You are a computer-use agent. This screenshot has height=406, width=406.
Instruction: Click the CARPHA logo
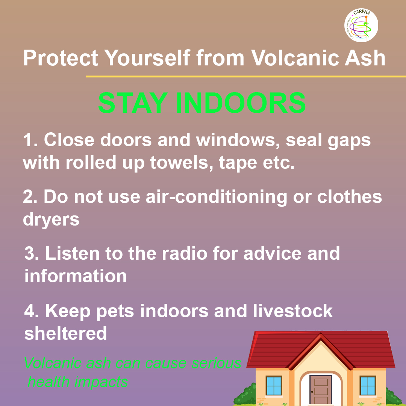point(361,25)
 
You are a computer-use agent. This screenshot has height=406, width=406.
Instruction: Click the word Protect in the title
point(61,58)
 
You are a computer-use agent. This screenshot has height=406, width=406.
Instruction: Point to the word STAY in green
point(133,103)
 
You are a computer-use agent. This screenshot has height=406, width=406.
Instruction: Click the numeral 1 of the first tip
point(28,140)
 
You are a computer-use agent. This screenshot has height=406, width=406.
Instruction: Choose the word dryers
point(51,220)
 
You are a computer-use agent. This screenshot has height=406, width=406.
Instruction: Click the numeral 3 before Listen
point(29,253)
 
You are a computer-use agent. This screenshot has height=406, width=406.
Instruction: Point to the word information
point(76,276)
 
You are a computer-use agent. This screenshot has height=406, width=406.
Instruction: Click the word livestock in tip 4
point(292,311)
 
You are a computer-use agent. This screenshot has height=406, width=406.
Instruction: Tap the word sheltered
point(65,333)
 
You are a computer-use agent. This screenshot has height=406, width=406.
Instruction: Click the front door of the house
point(321,389)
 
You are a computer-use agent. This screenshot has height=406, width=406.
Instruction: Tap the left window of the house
point(274,385)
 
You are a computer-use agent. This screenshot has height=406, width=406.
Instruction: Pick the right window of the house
point(368,385)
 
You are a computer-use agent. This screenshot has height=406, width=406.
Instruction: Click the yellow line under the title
point(246,76)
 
